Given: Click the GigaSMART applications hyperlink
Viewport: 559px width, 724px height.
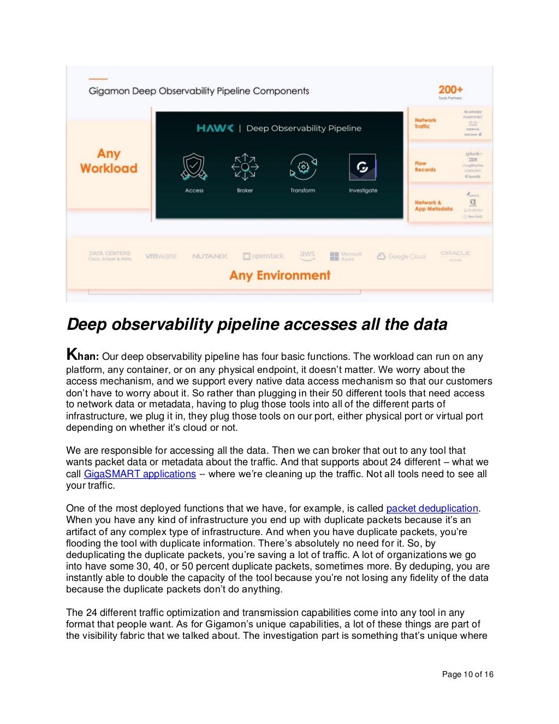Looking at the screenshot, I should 140,474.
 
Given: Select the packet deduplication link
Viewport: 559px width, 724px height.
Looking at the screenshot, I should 432,508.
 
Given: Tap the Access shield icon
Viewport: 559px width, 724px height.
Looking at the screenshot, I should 194,167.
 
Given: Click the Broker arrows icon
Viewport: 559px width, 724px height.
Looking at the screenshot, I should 245,167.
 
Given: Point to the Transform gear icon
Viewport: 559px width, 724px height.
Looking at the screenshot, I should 303,167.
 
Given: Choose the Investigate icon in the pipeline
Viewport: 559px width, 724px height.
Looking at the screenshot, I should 362,167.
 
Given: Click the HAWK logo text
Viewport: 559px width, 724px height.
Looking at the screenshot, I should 215,128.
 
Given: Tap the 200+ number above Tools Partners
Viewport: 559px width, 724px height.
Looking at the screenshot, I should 450,90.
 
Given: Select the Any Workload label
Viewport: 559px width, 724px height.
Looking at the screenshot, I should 109,161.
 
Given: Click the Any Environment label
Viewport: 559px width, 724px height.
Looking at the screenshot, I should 279,275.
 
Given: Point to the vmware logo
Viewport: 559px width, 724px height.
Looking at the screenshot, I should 161,256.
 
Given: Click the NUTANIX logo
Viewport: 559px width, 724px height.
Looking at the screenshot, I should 210,256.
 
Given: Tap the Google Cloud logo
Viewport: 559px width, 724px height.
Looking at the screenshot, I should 401,256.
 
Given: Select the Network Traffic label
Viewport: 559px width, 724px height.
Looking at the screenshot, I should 425,123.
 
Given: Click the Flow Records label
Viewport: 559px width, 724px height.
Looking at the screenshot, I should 425,167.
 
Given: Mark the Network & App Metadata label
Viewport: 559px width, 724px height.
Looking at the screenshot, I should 433,205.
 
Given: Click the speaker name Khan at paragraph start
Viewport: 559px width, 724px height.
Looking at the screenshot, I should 82,355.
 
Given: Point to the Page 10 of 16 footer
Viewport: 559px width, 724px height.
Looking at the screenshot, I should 467,674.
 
